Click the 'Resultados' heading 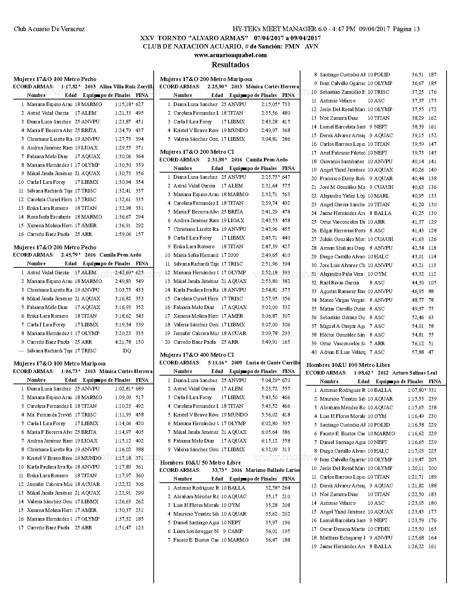tap(230, 65)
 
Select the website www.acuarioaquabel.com tap(230, 55)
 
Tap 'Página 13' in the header tap(406, 29)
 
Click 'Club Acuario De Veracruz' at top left tap(49, 29)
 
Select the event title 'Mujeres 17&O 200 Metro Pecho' tap(55, 247)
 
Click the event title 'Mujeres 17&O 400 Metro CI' tap(197, 355)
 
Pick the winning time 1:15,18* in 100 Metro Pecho tap(124, 104)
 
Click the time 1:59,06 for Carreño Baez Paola tap(123, 234)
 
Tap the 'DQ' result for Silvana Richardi tap(127, 351)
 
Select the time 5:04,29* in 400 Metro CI tap(270, 380)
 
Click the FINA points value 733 tap(286, 104)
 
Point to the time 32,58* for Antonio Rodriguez tap(272, 488)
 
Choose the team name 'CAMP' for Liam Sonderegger tap(235, 531)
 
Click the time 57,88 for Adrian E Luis tap(418, 352)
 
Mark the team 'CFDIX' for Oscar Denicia tap(382, 529)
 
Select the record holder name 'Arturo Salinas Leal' tap(414, 373)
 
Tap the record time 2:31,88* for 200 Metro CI tap(217, 160)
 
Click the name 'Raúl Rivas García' tap(339, 283)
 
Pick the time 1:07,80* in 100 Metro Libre tap(417, 390)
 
